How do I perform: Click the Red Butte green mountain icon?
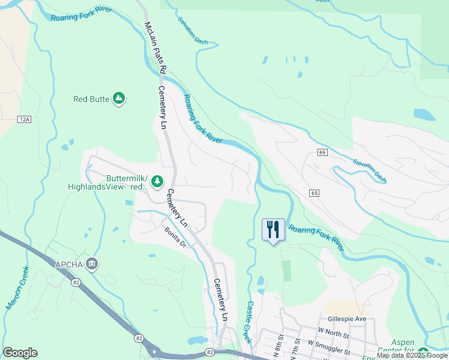(x=119, y=98)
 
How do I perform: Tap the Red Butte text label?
(x=91, y=99)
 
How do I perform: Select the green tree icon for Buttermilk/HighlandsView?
(x=157, y=180)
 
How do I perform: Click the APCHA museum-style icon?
(x=92, y=263)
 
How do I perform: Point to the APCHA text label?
(x=69, y=263)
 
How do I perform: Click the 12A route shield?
(x=23, y=120)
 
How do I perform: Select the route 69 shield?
(x=322, y=153)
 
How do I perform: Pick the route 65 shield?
(x=314, y=193)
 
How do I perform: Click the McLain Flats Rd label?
(x=155, y=48)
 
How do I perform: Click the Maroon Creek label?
(x=18, y=289)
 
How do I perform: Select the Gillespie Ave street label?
(x=347, y=319)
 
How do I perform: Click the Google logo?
(x=20, y=353)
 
